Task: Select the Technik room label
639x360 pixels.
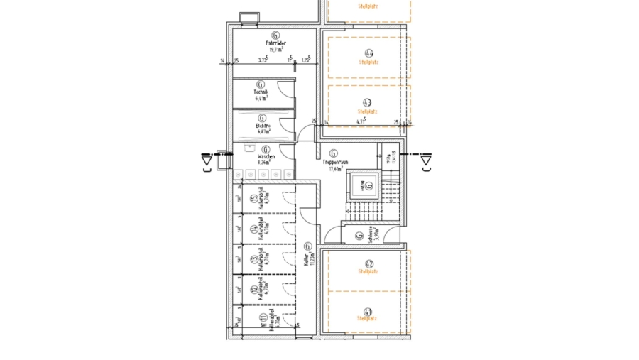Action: [261, 92]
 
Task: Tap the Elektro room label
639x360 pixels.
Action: [262, 126]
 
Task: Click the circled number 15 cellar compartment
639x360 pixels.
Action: [253, 200]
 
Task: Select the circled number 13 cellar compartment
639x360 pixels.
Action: [253, 260]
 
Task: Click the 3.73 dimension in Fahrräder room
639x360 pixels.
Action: [263, 62]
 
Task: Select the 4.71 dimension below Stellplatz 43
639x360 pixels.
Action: [361, 122]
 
